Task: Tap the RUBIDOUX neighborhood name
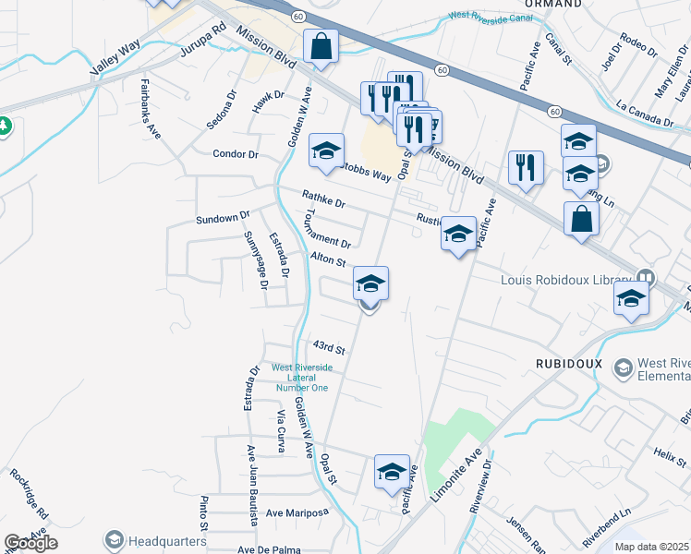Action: coord(568,364)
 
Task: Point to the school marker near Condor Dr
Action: coord(326,151)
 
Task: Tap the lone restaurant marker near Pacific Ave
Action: coord(526,168)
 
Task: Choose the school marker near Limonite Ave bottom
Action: coord(392,472)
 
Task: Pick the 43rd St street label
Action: coord(328,349)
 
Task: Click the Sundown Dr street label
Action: coord(223,218)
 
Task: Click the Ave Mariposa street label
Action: coord(297,512)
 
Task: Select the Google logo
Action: coord(30,543)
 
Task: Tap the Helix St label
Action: coord(664,453)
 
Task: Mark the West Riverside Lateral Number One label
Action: coord(300,377)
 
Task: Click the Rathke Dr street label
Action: coord(323,199)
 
